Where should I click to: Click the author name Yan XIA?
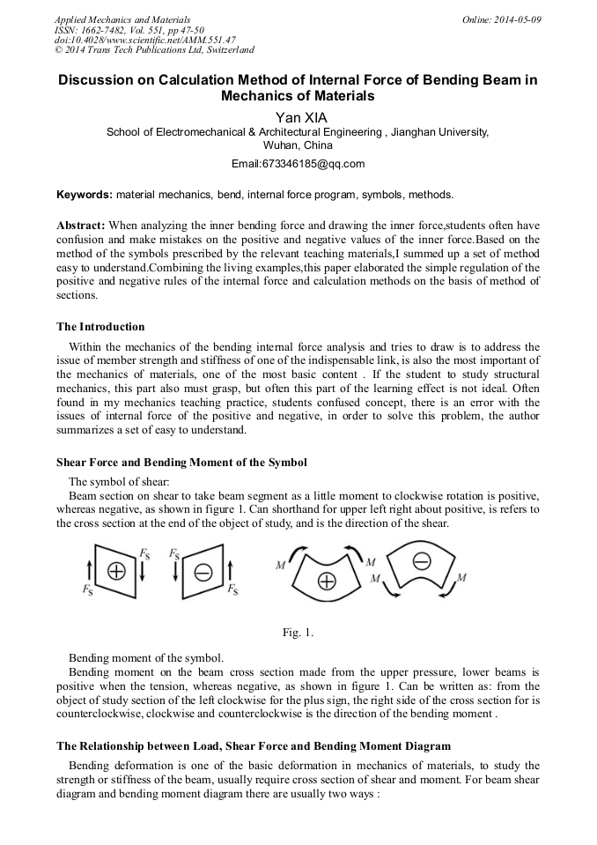(298, 116)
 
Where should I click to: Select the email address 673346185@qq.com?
(298, 164)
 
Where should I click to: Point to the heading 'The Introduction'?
(100, 327)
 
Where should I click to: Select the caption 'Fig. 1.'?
(298, 633)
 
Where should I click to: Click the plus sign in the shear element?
(115, 572)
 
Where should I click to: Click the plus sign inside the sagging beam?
(327, 582)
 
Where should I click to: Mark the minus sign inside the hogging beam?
(421, 560)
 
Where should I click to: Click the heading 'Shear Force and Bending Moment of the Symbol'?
(181, 462)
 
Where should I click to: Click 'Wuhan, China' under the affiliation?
(298, 145)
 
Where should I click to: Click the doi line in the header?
(145, 40)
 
